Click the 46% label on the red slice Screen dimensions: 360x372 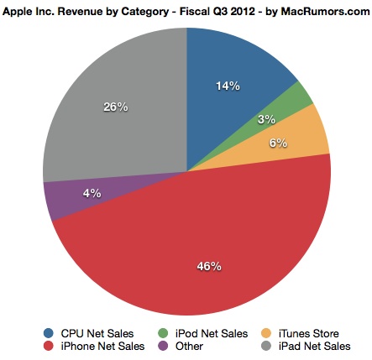[x=209, y=266]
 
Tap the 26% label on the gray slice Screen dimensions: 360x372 [x=115, y=107]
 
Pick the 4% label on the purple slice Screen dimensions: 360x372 [x=92, y=192]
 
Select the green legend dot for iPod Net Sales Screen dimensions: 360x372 [x=163, y=331]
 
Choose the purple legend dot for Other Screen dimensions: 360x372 [x=163, y=345]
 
